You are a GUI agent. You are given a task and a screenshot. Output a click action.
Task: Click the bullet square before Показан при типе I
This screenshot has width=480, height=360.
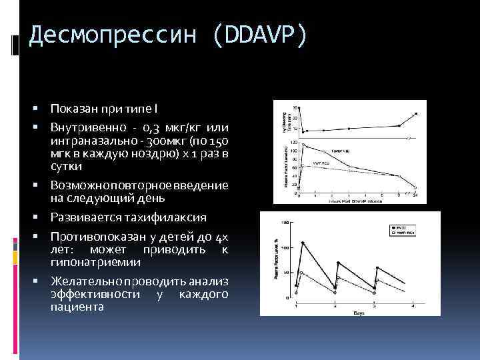click(x=41, y=109)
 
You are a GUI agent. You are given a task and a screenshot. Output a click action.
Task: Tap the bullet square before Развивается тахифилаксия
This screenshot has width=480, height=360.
click(x=41, y=217)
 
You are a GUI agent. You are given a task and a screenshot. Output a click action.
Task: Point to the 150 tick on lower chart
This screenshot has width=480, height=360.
click(x=286, y=222)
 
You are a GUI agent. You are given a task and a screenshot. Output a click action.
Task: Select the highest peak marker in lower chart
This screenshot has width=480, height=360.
click(x=303, y=242)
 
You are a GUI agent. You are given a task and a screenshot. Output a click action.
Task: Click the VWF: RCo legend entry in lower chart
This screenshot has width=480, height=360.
click(x=403, y=233)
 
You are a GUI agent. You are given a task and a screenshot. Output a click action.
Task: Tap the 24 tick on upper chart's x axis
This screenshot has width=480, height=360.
click(x=415, y=195)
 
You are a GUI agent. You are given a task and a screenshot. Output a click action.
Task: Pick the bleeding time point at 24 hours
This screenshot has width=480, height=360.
click(x=416, y=113)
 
